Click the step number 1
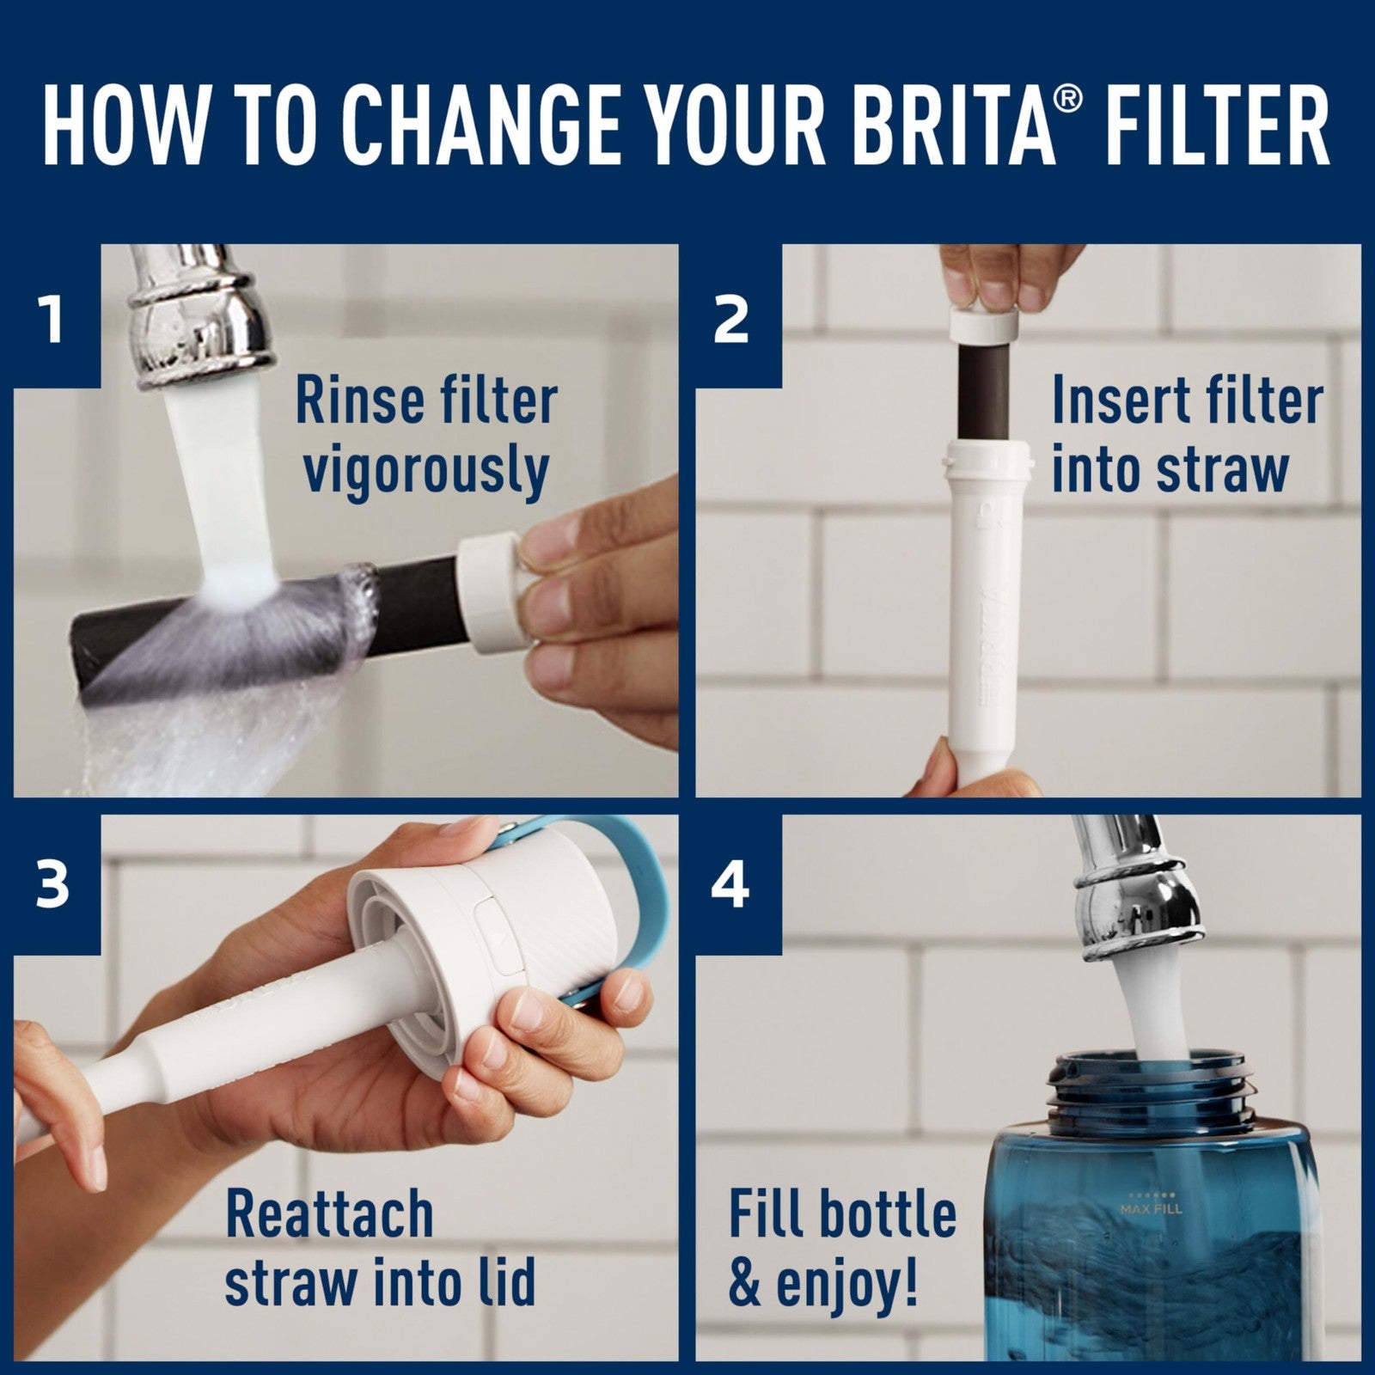[x=53, y=320]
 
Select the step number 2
[x=731, y=320]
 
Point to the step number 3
[x=53, y=885]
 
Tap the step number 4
[x=731, y=885]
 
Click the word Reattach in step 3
[x=329, y=1214]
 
